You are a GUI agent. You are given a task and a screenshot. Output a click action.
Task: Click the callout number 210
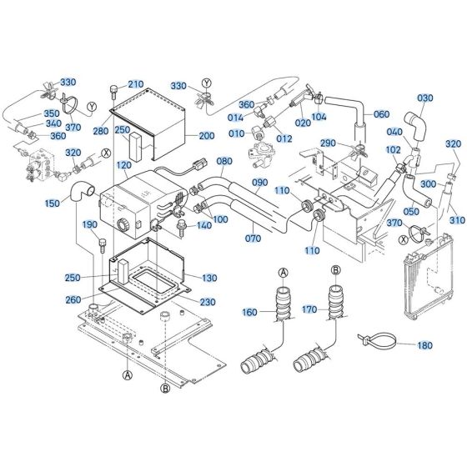click(136, 83)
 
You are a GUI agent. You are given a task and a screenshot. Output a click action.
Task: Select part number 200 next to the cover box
click(206, 136)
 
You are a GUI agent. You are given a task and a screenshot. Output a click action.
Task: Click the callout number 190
click(89, 226)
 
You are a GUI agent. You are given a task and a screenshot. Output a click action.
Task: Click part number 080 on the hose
click(224, 162)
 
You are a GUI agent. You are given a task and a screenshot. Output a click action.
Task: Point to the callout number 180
click(424, 345)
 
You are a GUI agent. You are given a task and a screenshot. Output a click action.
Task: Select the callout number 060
click(381, 114)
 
